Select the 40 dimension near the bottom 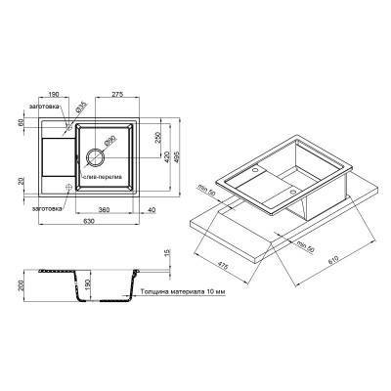(153, 208)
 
